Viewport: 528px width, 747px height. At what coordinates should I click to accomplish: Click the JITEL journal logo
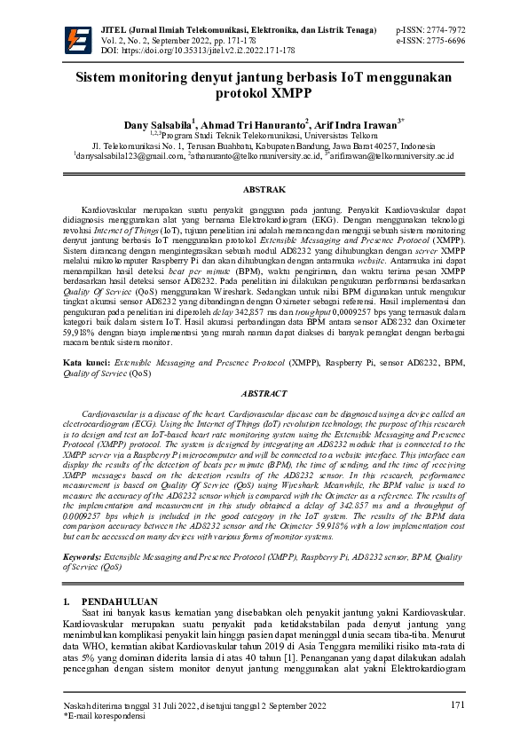(79, 40)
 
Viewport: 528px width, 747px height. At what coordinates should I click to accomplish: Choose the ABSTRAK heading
(264, 190)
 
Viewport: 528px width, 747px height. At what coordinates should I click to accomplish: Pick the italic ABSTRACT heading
(264, 393)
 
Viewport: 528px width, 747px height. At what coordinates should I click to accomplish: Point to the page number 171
(458, 704)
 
